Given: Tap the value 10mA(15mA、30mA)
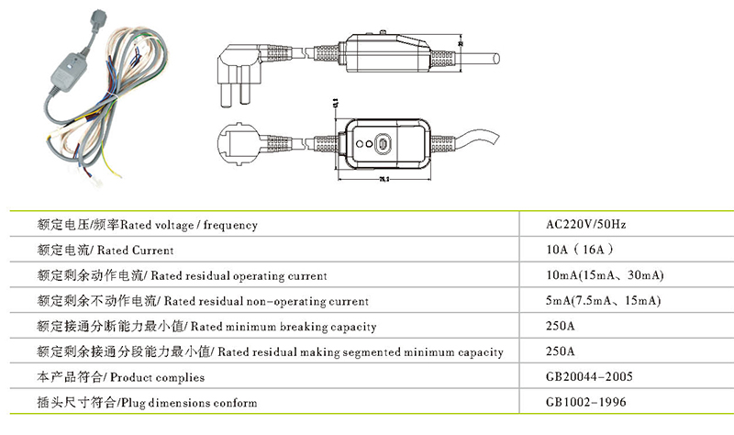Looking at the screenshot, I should pos(604,275).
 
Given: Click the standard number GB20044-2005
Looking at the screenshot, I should pos(588,377).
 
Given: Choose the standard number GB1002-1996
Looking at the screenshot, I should pos(584,403).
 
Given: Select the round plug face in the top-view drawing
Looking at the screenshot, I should pos(235,148).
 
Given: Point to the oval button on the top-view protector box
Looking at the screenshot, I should pos(384,145).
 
